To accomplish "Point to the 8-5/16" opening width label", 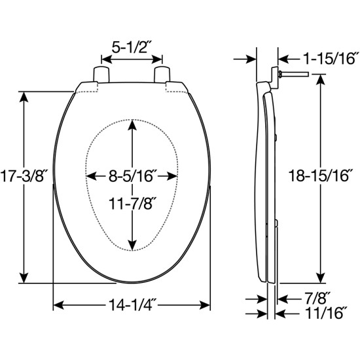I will click(x=133, y=175).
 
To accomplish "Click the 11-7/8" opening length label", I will click(x=133, y=204).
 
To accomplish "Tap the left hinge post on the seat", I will click(x=101, y=73).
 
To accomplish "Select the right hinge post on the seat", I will click(x=161, y=73).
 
